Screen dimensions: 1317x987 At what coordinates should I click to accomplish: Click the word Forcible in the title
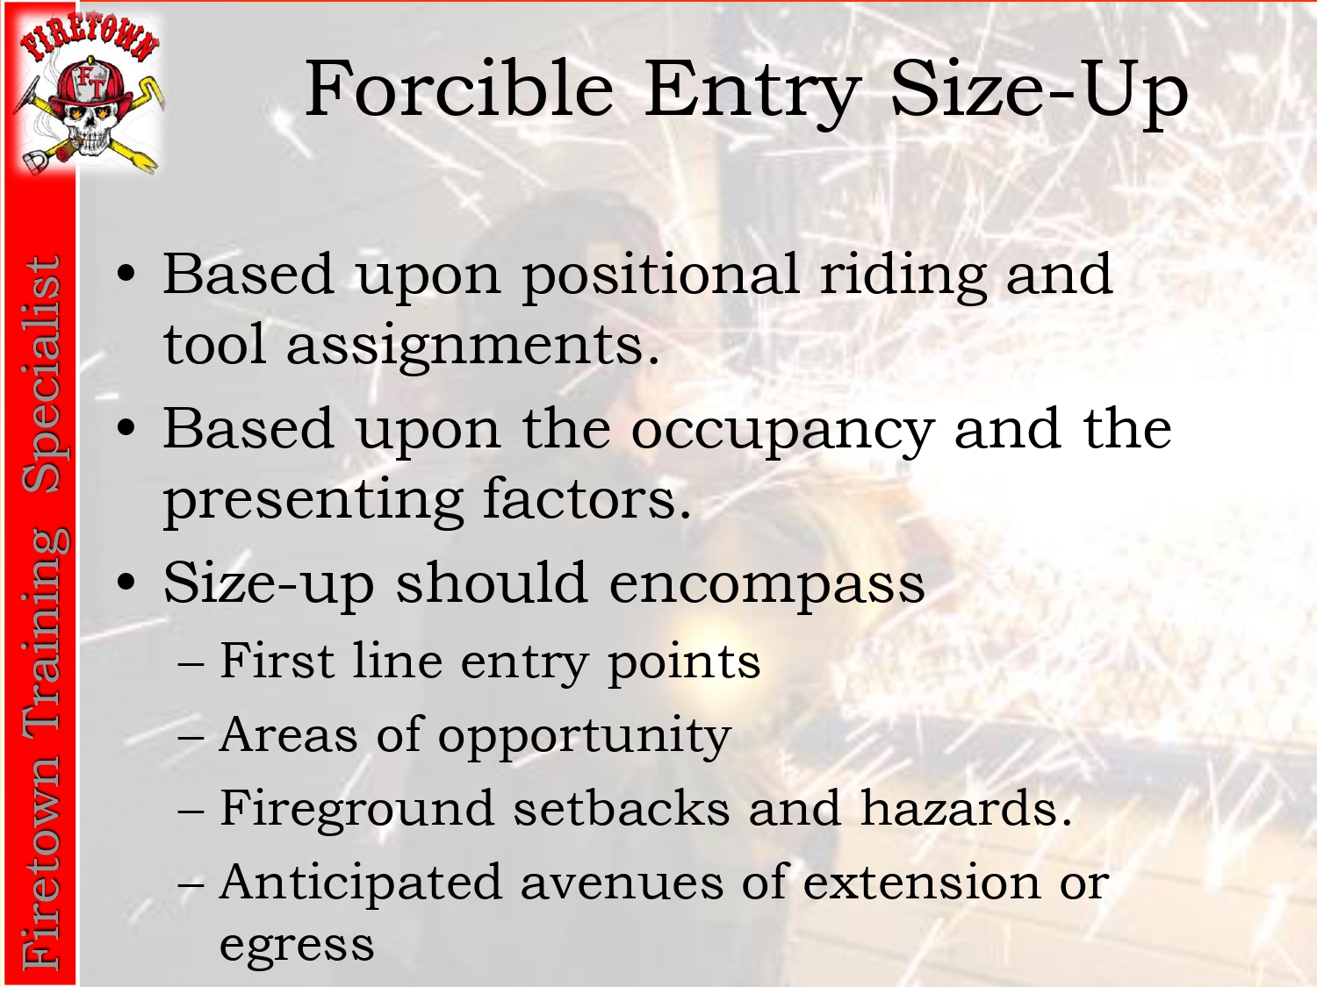(x=459, y=89)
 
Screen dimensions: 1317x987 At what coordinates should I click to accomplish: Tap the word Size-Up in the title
(x=1040, y=94)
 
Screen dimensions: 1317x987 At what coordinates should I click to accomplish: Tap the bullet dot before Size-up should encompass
(x=126, y=582)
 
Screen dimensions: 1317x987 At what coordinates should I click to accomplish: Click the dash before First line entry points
(x=191, y=664)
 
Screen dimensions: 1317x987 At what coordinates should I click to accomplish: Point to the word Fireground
(x=357, y=810)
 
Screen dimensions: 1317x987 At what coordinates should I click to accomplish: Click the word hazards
(x=966, y=808)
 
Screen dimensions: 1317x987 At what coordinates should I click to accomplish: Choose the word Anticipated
(x=361, y=883)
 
